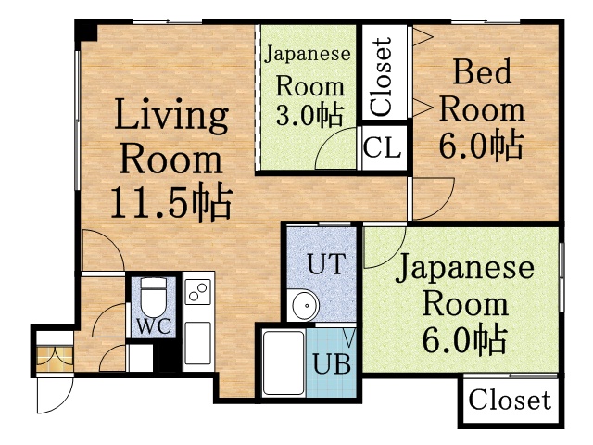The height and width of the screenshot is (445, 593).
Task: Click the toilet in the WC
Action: click(x=152, y=296)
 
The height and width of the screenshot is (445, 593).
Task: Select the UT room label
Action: click(x=325, y=264)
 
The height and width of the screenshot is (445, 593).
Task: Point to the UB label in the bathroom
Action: click(x=331, y=362)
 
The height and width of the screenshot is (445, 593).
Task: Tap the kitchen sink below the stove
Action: click(x=197, y=340)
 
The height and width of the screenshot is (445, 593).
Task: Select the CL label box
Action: click(x=383, y=146)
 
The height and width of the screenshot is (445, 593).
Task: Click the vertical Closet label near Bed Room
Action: click(x=382, y=76)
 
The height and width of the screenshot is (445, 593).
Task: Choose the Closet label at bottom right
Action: click(x=509, y=401)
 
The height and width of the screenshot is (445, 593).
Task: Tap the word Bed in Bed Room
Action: click(x=480, y=71)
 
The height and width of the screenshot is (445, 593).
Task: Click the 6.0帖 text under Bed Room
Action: click(x=480, y=145)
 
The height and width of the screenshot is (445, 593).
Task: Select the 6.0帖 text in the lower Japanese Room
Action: click(x=464, y=338)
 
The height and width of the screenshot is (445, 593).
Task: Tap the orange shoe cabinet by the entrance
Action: click(x=54, y=355)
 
